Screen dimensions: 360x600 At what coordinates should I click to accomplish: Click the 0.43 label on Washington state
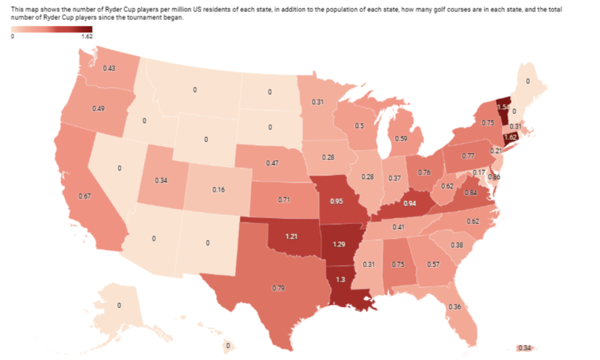point(109,68)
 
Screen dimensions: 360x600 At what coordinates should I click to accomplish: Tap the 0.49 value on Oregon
point(99,109)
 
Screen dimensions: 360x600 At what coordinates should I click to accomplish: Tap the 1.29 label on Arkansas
point(340,244)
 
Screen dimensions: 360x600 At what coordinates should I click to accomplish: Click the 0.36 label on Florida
point(454,307)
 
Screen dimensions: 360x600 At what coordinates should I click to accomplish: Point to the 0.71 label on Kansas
point(284,197)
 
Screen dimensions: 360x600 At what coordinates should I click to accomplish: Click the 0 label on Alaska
point(119,306)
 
